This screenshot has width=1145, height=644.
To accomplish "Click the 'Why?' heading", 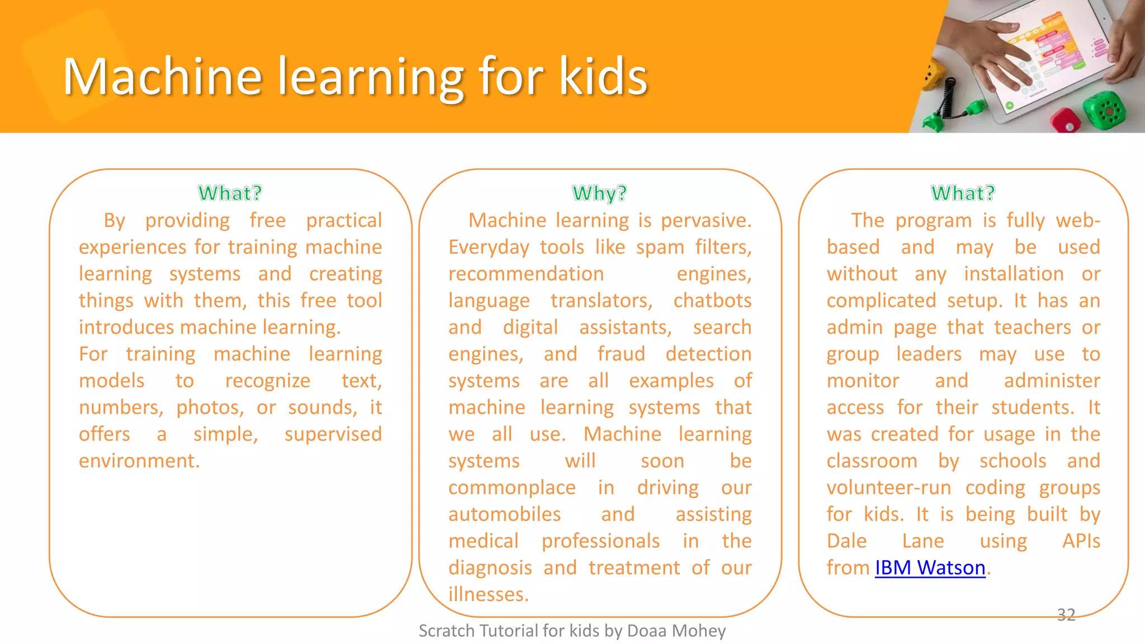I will click(599, 193).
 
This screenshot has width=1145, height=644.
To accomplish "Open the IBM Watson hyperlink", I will click(930, 568).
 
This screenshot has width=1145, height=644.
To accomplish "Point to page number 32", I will click(1066, 615).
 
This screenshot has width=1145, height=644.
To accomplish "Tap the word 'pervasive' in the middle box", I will click(706, 221).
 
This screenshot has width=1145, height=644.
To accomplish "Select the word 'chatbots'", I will click(712, 301).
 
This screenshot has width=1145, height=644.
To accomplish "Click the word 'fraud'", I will click(621, 354).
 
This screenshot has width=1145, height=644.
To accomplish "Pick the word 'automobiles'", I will click(504, 514).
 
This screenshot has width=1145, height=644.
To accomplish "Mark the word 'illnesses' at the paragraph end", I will click(488, 594).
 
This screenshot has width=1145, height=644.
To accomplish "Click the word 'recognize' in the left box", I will click(267, 381).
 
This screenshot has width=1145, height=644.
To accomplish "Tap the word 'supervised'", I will click(333, 434).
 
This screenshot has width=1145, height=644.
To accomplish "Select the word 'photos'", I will click(210, 408).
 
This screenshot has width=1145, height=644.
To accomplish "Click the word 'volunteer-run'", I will click(889, 488).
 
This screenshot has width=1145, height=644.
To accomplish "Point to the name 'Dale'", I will click(846, 541).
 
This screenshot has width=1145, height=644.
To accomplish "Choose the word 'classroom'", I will click(872, 461).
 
